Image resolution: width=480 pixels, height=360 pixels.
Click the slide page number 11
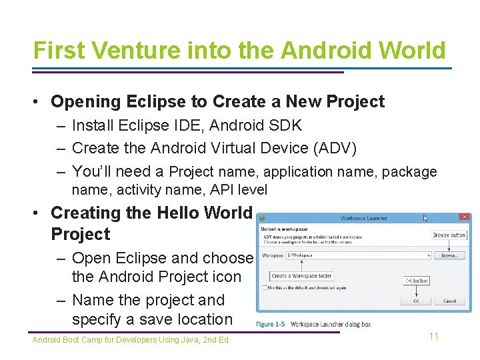click(x=434, y=336)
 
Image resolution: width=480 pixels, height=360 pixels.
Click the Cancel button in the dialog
click(x=450, y=301)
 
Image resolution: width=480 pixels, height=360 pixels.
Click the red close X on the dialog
click(x=464, y=217)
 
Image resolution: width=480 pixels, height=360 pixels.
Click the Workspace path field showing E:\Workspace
click(x=357, y=255)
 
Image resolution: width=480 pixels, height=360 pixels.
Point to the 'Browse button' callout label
click(x=449, y=235)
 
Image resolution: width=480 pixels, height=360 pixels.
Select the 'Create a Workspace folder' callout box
click(x=301, y=276)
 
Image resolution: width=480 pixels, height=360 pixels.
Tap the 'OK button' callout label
click(x=417, y=281)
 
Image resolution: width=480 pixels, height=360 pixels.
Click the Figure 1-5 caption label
click(x=271, y=324)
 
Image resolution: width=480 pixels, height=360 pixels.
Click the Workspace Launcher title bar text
click(x=363, y=218)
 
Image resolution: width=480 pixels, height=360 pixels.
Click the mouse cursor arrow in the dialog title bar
click(x=426, y=218)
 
